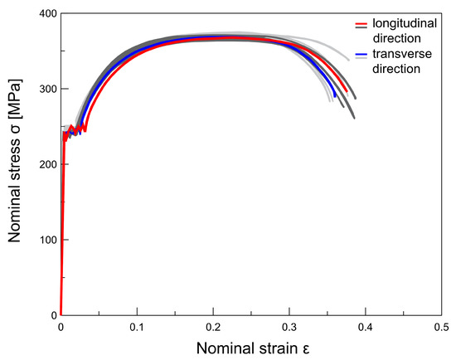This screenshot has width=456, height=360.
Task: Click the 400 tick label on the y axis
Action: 45,14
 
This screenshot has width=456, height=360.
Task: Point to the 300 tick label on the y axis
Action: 45,90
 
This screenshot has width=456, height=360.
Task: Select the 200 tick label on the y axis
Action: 45,164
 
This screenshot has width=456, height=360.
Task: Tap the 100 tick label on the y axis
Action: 45,240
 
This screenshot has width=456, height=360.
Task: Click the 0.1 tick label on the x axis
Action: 137,328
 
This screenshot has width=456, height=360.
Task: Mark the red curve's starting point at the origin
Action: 61,315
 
